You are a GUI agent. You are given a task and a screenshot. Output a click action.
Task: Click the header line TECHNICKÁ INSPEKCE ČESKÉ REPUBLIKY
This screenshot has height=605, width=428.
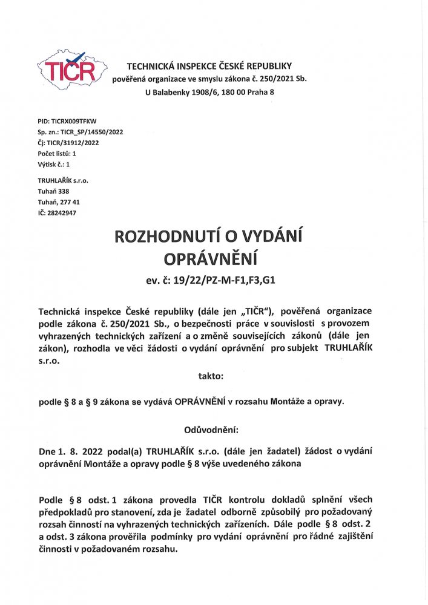click(x=209, y=65)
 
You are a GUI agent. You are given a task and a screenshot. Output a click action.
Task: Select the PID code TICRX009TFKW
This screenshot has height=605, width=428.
click(x=70, y=122)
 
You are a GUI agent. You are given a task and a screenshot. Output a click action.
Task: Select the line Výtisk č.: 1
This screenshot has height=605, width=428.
click(x=54, y=163)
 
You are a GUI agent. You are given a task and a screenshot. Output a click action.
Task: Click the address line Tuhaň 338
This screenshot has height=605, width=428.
click(x=53, y=191)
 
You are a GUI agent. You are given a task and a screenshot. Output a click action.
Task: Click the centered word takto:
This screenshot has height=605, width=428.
click(x=211, y=376)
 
